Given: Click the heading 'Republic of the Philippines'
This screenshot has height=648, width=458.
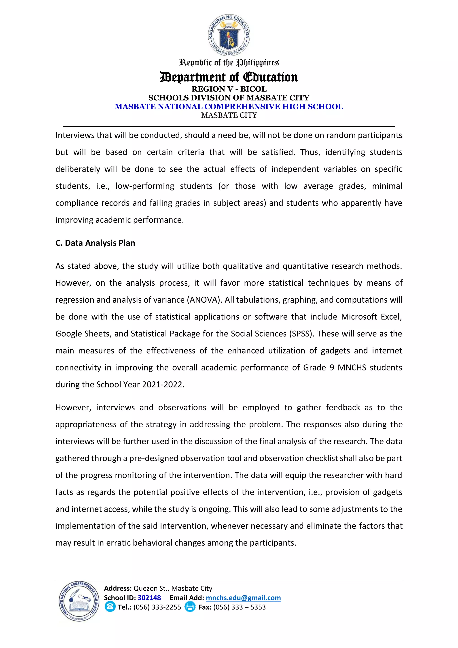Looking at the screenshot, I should (229, 62).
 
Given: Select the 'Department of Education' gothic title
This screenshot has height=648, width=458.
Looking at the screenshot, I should (229, 77).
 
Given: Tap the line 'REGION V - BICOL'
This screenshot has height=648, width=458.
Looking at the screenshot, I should (229, 89).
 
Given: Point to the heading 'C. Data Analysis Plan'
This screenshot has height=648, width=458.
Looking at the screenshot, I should (95, 243).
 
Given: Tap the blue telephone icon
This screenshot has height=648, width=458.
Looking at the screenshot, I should (110, 607).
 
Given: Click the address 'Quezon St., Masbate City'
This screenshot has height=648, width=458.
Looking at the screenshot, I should (173, 588).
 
